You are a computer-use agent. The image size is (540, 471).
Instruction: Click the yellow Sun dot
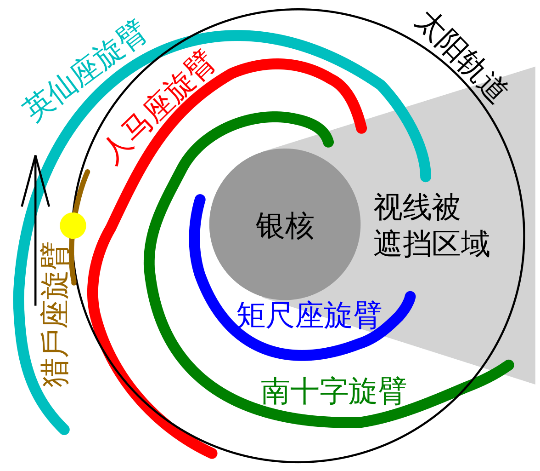(x=73, y=226)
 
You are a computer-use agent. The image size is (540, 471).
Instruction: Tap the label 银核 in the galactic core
(x=285, y=226)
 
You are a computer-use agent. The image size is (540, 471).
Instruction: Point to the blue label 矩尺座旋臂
(x=309, y=316)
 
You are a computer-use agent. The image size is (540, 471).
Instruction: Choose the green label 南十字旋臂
(x=334, y=391)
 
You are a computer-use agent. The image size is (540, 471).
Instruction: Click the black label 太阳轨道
(x=461, y=56)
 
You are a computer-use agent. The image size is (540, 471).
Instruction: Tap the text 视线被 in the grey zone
(x=416, y=207)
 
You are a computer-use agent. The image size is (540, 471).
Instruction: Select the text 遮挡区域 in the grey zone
(x=431, y=244)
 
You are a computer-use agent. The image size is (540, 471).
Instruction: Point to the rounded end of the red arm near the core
(x=361, y=128)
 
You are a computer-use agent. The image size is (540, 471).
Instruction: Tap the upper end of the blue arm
(x=200, y=199)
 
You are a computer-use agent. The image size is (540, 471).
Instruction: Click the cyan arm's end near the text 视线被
(x=426, y=176)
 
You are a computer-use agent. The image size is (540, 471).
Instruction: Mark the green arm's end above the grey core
(x=328, y=142)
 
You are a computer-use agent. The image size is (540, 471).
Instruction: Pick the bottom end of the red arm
(x=212, y=453)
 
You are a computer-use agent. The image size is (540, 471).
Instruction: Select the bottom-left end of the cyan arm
(x=64, y=430)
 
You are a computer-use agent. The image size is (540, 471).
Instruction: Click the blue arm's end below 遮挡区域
(x=410, y=297)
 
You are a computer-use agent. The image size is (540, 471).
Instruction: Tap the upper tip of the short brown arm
(x=87, y=172)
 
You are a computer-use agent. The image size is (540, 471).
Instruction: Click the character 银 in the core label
(x=270, y=226)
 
